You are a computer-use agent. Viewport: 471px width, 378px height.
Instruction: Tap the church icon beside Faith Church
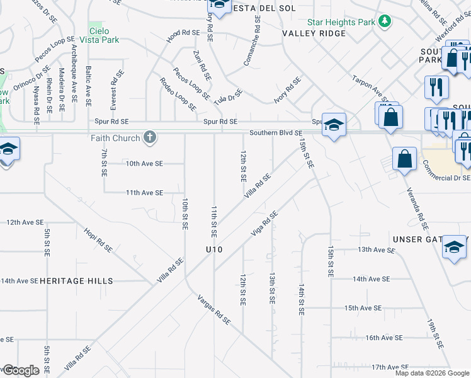tap(150, 137)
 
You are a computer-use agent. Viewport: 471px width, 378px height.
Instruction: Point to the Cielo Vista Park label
tap(104, 35)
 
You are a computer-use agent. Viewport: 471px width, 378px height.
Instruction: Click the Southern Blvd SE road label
tap(276, 133)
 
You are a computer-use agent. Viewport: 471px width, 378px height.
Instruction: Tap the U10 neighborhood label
tap(215, 249)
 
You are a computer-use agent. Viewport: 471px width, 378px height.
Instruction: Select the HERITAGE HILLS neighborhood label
tap(76, 281)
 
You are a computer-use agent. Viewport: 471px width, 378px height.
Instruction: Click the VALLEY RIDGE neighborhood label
tap(314, 33)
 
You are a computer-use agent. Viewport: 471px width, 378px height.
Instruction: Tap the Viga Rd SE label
tap(264, 224)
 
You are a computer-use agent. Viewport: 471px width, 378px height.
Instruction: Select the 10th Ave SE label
tap(144, 163)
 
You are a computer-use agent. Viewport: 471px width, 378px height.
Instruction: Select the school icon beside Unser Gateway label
tap(454, 247)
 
